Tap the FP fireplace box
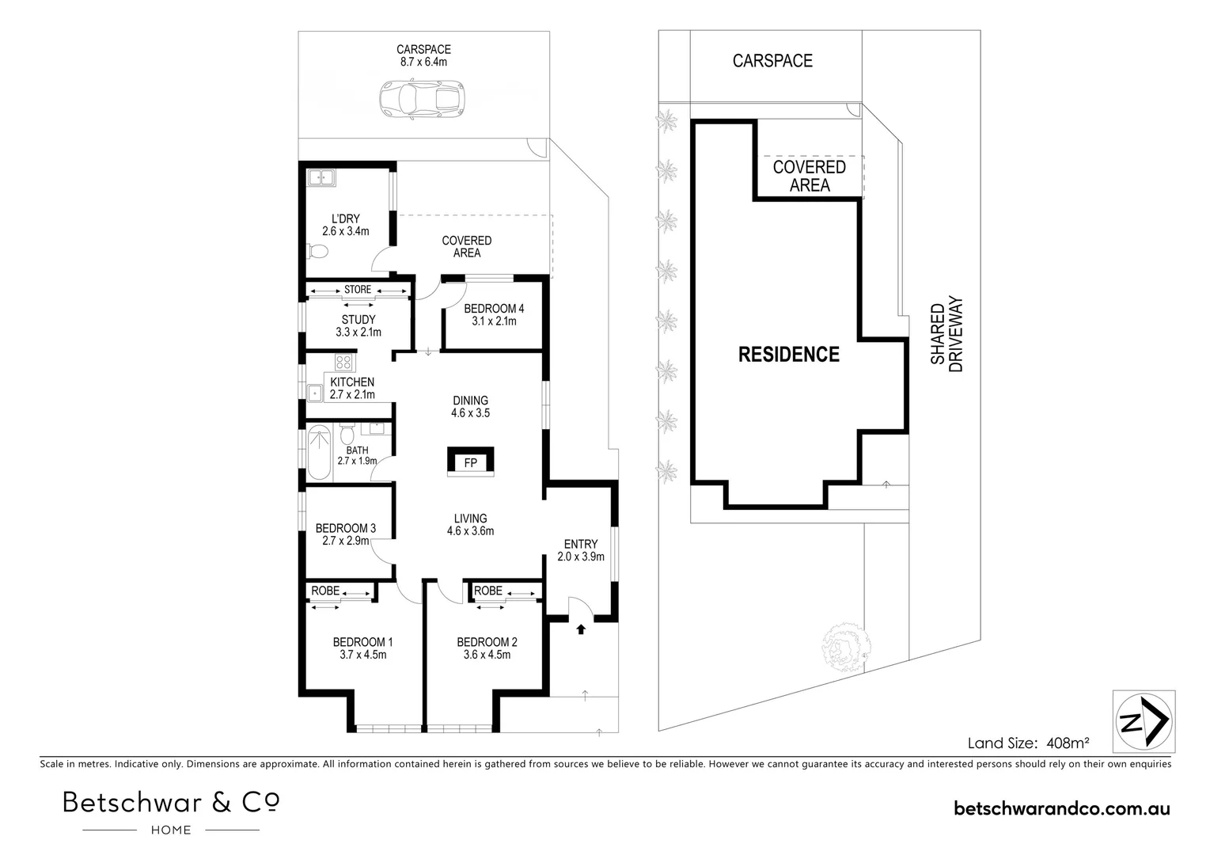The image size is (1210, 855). coord(470,462)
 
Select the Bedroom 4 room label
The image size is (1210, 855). coord(494,314)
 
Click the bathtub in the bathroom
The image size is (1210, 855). coord(318,453)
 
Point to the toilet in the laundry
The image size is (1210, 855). coord(317,252)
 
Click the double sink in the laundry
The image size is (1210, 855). coord(321,179)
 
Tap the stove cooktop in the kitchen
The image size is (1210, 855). coord(343,363)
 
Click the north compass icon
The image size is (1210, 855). coord(1144,721)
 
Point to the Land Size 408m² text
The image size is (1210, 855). coord(1028,743)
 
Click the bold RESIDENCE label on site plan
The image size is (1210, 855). coord(788,355)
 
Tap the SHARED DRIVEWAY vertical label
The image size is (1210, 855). coord(946,335)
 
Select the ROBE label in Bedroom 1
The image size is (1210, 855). coord(325,591)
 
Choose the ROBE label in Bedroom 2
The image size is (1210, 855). coord(488,591)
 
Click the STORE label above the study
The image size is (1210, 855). coord(358,290)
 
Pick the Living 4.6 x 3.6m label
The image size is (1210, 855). coord(470,525)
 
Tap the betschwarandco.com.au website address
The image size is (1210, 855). coord(1062,808)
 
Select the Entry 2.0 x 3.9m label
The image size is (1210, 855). coord(581,550)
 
